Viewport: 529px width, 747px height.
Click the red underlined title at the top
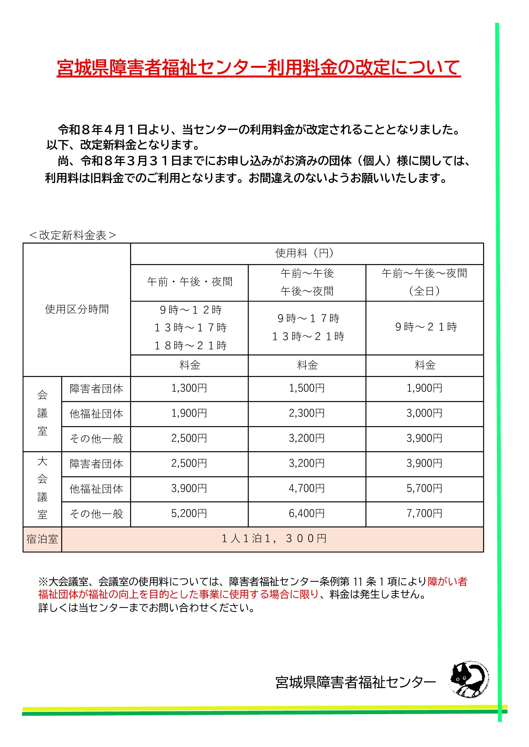[259, 68]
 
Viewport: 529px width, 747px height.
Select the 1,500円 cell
[307, 389]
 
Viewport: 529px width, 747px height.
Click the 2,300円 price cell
[307, 413]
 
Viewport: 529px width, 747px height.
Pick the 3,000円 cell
[424, 413]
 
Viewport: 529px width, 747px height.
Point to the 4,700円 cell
[307, 489]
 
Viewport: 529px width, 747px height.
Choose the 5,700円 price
[424, 489]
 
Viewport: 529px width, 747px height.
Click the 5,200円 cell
[189, 514]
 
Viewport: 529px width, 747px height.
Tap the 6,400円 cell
[307, 514]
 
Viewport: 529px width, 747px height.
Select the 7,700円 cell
[424, 514]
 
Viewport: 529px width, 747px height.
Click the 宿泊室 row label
[42, 539]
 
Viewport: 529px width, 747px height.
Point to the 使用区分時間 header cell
[77, 309]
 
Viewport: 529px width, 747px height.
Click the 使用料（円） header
[306, 253]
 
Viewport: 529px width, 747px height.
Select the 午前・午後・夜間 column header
[189, 282]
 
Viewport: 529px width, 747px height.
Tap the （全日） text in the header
[424, 291]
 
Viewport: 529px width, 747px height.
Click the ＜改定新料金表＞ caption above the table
[73, 235]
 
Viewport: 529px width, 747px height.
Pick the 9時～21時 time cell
[426, 327]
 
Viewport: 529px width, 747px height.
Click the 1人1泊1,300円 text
[274, 539]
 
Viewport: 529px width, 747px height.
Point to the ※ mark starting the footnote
[43, 581]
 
